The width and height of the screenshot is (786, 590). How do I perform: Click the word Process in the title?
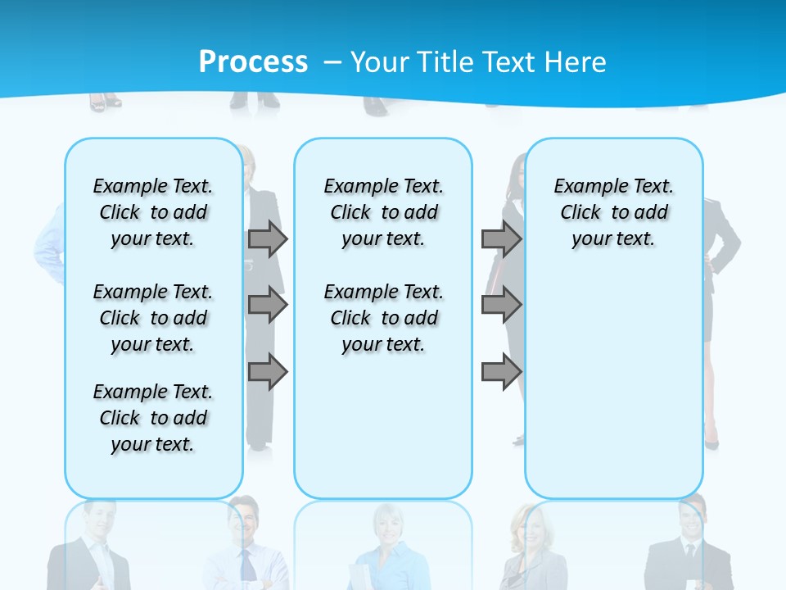click(x=253, y=61)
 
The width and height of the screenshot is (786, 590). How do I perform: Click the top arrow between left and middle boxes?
click(x=267, y=238)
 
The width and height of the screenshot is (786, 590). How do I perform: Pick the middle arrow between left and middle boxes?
click(x=267, y=305)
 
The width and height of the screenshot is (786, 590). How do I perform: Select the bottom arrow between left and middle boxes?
click(x=267, y=373)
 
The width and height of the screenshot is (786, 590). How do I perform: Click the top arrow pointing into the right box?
click(x=501, y=238)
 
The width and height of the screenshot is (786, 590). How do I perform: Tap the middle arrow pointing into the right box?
click(x=501, y=305)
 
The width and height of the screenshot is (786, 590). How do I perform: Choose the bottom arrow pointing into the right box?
click(x=501, y=373)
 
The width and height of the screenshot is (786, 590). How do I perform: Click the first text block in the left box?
click(x=153, y=212)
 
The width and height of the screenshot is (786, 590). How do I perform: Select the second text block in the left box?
click(x=153, y=318)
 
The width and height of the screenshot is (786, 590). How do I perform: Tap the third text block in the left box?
click(x=153, y=418)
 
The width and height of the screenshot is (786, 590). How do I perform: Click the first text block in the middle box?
click(x=383, y=212)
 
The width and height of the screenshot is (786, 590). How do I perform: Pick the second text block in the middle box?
click(x=383, y=318)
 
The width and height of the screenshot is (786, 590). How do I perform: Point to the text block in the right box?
click(x=613, y=212)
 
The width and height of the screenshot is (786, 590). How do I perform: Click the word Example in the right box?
click(x=584, y=186)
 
